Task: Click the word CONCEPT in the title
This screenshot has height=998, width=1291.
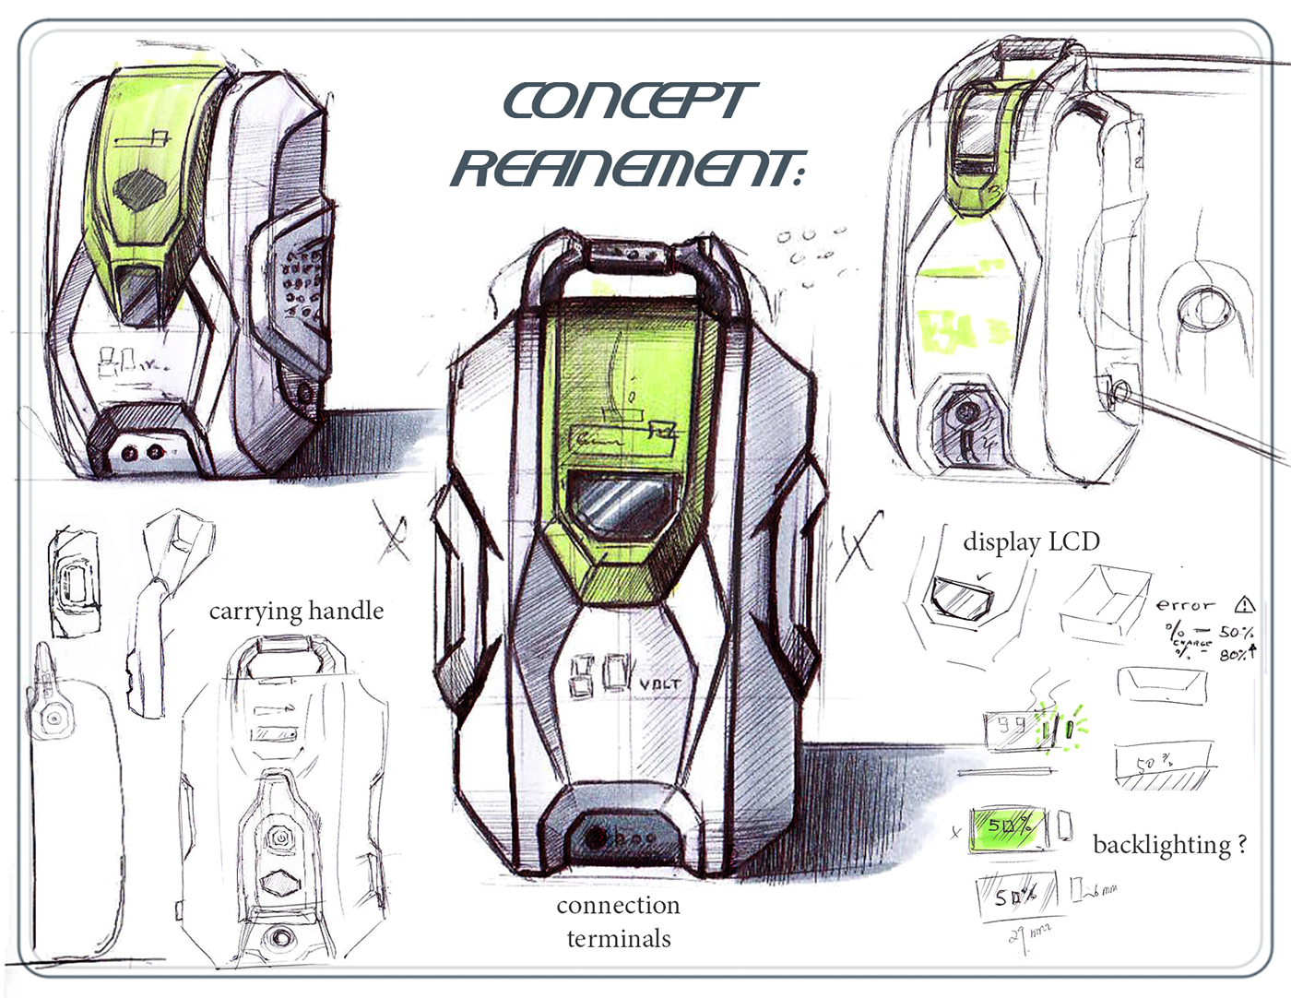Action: [x=629, y=101]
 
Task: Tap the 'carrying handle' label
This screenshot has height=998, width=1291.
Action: [x=296, y=611]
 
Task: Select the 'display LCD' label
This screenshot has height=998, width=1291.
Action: [x=1031, y=541]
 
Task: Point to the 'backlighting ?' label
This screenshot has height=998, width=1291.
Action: [x=1168, y=845]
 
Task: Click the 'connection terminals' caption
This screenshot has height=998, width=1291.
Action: [x=619, y=921]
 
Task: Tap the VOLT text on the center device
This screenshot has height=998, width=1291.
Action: [x=660, y=684]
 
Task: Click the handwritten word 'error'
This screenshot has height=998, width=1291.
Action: [x=1185, y=605]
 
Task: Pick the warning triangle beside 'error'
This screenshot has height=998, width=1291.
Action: [x=1245, y=605]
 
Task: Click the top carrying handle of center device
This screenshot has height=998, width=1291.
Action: [x=619, y=259]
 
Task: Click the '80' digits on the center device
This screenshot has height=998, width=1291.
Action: [x=601, y=675]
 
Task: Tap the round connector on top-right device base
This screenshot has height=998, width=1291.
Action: [x=965, y=410]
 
